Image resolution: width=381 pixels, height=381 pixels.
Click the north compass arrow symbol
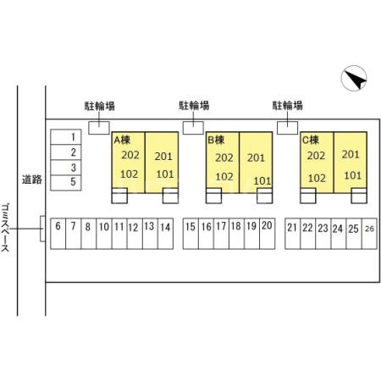354,78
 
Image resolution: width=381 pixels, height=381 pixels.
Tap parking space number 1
66,137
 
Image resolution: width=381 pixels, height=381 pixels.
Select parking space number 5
66,183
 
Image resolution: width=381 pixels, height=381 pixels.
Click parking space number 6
58,234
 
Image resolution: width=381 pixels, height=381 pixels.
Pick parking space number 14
165,234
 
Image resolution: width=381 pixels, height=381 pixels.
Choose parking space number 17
221,234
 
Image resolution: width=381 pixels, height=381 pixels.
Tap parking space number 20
268,234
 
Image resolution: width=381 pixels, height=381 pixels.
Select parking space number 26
369,234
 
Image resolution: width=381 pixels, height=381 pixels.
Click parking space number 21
293,234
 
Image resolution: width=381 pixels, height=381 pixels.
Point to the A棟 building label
122,140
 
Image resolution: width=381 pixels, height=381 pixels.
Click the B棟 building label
216,140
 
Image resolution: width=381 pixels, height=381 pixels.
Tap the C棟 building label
311,140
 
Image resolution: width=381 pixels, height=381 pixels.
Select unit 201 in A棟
163,157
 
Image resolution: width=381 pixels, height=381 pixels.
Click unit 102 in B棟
224,177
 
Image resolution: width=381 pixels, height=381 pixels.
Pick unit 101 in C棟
353,175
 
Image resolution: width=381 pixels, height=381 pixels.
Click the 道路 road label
32,179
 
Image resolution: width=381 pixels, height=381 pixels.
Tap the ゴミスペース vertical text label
5,228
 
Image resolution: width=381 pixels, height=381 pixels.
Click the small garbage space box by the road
42,229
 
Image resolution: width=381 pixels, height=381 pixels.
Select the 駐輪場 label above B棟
194,106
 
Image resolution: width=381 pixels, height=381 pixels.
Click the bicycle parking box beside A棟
99,128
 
